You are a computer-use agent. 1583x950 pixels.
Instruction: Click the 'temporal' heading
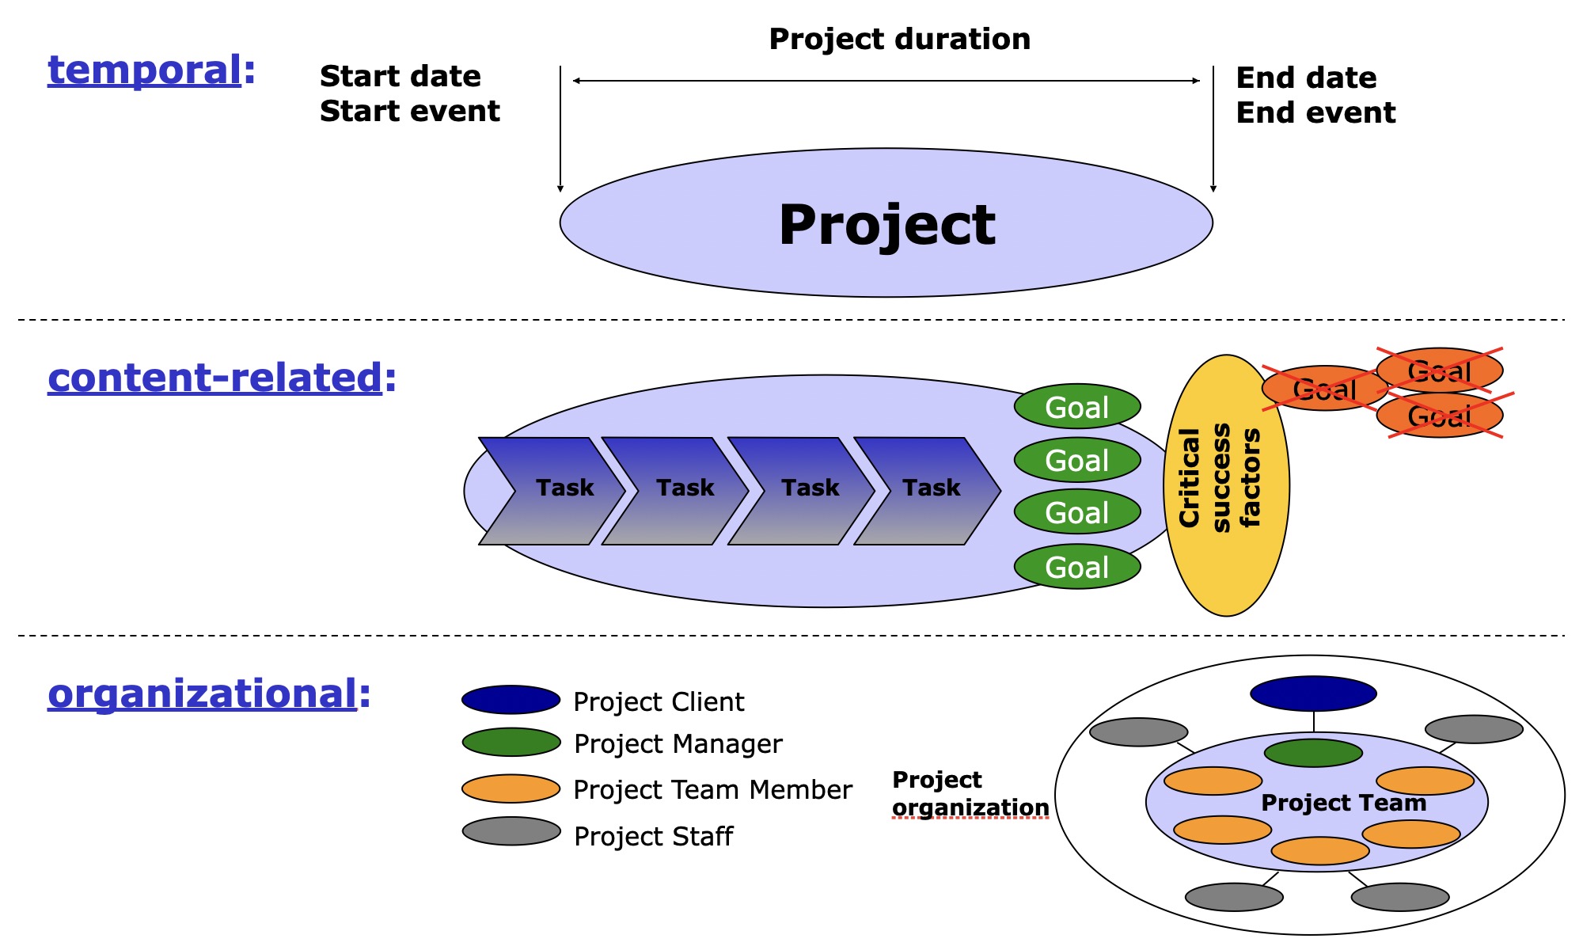(145, 70)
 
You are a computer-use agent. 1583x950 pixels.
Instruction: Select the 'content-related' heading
(215, 378)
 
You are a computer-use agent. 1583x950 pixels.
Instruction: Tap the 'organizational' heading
(203, 693)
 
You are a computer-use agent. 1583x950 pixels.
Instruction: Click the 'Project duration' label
(899, 39)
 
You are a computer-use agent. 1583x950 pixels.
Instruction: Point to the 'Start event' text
(409, 112)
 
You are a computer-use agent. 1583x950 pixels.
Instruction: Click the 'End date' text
(1306, 78)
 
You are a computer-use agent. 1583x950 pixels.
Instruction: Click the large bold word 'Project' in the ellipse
(886, 224)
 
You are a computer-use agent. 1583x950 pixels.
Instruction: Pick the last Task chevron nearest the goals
(926, 490)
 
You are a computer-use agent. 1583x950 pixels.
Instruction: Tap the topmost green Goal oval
(1076, 407)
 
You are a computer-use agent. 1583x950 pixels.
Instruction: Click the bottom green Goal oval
(1076, 567)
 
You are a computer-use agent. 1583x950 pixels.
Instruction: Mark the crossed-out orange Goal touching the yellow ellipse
(1323, 389)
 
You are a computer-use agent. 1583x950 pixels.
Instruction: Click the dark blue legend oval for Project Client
(511, 700)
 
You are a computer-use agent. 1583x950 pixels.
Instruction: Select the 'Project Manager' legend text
(678, 744)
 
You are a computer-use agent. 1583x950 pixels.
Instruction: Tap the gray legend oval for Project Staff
(511, 831)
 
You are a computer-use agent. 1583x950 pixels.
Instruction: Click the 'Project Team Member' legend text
(712, 790)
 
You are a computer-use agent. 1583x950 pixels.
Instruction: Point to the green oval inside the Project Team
(1313, 753)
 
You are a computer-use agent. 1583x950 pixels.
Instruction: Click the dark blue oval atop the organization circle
(1313, 693)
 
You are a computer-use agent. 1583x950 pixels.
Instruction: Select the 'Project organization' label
(969, 793)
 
